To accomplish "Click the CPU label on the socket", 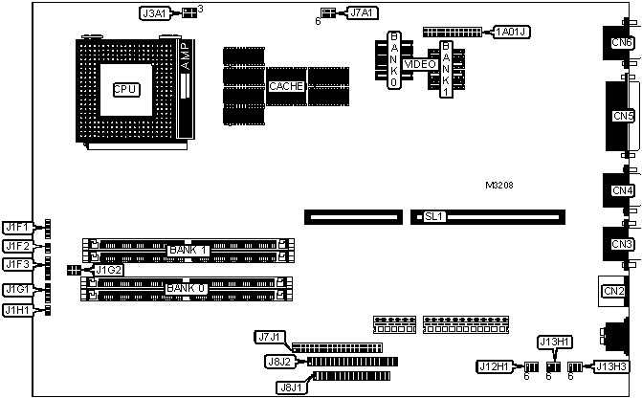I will (x=125, y=89).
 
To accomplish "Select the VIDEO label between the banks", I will (x=418, y=64).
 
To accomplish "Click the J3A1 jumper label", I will (x=154, y=13).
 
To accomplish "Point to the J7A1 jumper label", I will (x=363, y=13).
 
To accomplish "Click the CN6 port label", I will (x=622, y=43).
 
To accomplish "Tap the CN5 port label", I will (x=624, y=117).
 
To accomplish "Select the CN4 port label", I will (x=622, y=190).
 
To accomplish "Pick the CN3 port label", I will (x=622, y=245).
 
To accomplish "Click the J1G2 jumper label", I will (x=108, y=271).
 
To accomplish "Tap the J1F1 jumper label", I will (x=16, y=228).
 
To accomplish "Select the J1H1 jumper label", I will (x=16, y=310).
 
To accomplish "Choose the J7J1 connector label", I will (x=270, y=337).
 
